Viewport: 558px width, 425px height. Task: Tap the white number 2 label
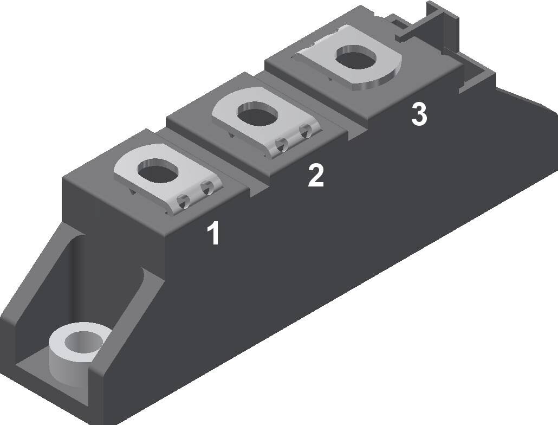click(316, 176)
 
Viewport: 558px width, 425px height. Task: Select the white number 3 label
click(419, 114)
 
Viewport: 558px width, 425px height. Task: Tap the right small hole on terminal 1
click(206, 189)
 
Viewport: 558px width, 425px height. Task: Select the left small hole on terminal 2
click(282, 144)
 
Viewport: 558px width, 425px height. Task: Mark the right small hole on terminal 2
click(306, 130)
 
